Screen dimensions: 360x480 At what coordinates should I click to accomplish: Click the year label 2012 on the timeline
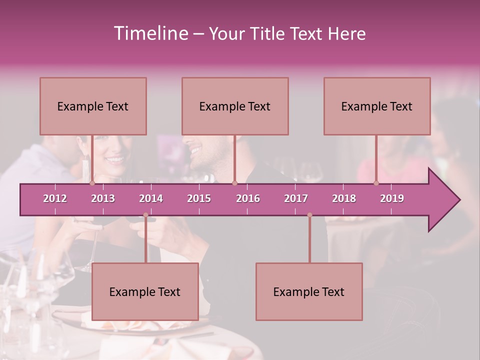pos(55,198)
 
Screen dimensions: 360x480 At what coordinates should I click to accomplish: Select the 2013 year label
pos(103,198)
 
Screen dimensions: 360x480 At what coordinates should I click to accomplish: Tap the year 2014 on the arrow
pos(151,198)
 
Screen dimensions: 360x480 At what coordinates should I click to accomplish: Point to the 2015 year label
pos(199,198)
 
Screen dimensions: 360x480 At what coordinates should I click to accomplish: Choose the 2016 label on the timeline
pos(248,198)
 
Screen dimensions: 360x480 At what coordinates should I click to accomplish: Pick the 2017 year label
pos(296,198)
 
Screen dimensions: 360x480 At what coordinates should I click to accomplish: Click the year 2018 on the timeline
pos(344,198)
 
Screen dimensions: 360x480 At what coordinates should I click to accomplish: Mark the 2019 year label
pos(392,198)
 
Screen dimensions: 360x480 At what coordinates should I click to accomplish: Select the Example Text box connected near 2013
pos(93,106)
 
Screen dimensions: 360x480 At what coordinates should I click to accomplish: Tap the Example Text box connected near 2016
pos(235,106)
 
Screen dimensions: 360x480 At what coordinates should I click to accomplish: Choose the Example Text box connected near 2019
pos(377,106)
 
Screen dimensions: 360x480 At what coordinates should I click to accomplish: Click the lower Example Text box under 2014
pos(145,291)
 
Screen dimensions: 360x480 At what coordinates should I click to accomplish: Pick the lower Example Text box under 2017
pos(309,291)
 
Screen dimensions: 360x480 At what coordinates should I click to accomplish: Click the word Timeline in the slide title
pos(150,33)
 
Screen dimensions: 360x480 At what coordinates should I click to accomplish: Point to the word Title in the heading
pos(270,33)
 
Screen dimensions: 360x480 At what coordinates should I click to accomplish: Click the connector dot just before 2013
pos(92,183)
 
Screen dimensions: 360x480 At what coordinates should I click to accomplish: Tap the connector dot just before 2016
pos(234,183)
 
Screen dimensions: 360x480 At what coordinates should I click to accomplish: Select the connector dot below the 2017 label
pos(309,215)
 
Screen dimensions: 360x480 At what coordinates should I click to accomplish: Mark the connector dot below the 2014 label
pos(145,215)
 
